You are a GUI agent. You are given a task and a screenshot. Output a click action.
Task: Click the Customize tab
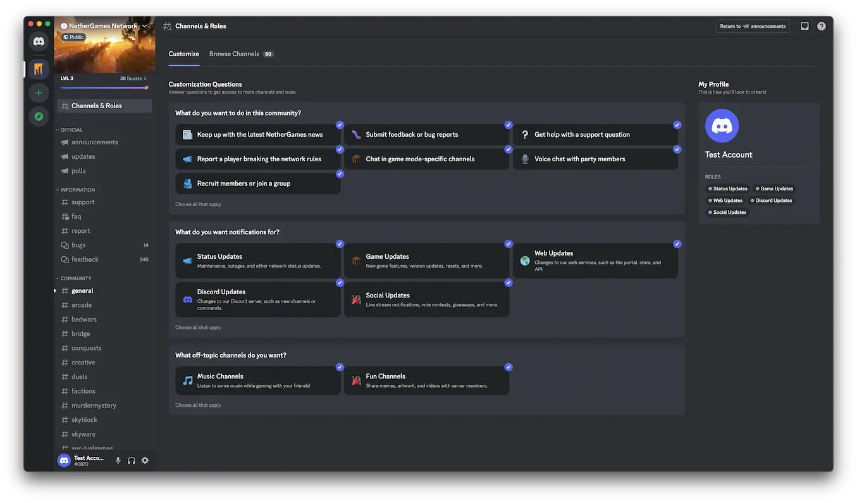point(183,54)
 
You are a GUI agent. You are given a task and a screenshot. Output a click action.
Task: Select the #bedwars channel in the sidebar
point(83,320)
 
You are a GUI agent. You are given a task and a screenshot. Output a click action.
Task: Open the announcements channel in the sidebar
point(94,142)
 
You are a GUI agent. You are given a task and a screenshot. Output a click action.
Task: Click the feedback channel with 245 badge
point(85,259)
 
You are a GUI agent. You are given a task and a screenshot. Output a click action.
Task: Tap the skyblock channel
point(84,419)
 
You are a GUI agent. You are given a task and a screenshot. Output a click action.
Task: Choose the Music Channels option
point(258,380)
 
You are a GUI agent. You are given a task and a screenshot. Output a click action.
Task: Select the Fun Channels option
point(426,380)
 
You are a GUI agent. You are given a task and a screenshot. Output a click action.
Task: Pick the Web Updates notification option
point(595,261)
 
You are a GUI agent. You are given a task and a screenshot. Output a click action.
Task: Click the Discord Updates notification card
point(258,299)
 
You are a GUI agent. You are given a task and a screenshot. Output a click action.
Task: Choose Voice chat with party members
point(595,159)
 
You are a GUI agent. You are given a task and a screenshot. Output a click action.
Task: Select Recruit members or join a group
point(258,183)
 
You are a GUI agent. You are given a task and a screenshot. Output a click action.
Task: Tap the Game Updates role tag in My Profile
point(774,189)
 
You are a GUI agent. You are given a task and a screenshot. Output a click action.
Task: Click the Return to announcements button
point(753,27)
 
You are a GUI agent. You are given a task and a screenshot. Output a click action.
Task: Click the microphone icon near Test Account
point(118,461)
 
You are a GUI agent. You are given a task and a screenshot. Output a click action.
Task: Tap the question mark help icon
point(822,27)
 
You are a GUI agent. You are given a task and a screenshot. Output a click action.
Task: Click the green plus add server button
point(39,93)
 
